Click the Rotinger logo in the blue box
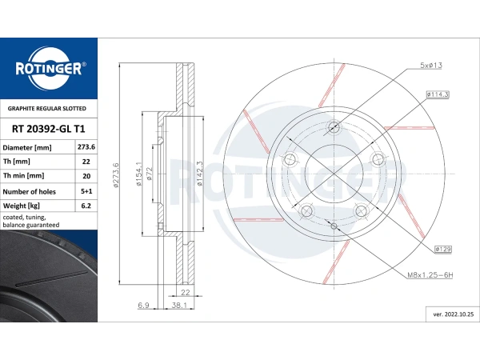[x=49, y=70]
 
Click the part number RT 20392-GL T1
[x=49, y=127]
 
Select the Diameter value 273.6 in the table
[x=86, y=148]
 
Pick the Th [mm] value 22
[x=86, y=162]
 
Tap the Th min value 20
[x=86, y=177]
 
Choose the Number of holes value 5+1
[x=86, y=192]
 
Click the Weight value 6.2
[x=86, y=206]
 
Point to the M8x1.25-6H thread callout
[x=430, y=275]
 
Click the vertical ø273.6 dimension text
[x=117, y=175]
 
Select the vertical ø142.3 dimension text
[x=199, y=174]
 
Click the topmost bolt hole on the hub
[x=334, y=127]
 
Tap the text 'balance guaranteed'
[x=30, y=226]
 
